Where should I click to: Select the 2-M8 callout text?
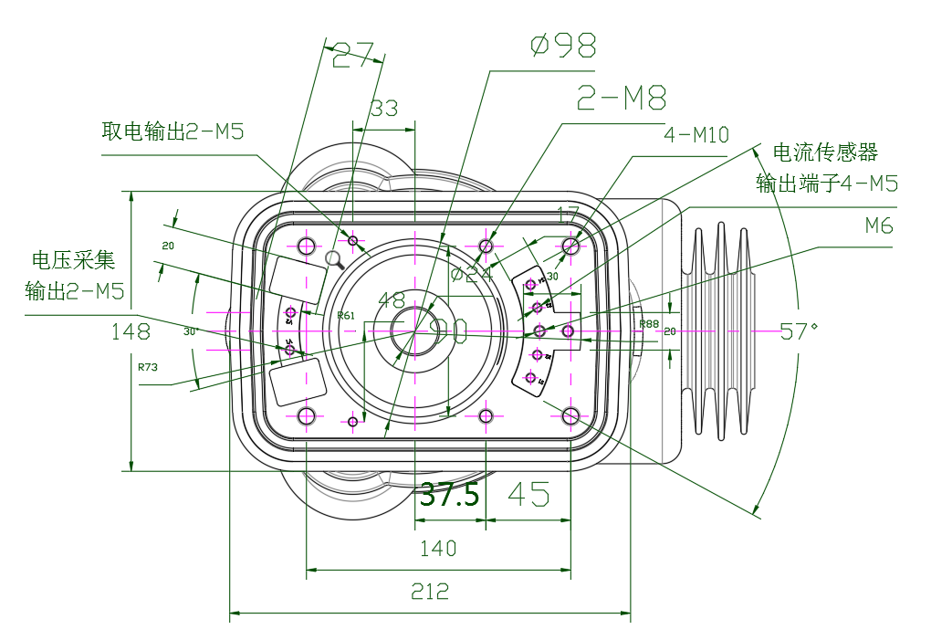[622, 98]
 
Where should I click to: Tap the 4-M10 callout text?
[696, 135]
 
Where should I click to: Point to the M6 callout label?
[879, 226]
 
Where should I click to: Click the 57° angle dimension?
[801, 331]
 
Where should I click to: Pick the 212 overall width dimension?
[430, 592]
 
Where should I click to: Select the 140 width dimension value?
[438, 549]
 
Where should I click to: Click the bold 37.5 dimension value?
[449, 496]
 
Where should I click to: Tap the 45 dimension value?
[528, 495]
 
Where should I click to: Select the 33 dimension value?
[384, 109]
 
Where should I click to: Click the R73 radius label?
[147, 367]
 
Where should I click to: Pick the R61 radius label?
[346, 316]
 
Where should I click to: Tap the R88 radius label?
[649, 324]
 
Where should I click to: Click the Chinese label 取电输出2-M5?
[173, 131]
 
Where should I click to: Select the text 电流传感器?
[825, 152]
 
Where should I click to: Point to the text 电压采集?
[74, 260]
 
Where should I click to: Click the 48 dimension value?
[391, 300]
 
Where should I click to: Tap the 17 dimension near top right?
[568, 215]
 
